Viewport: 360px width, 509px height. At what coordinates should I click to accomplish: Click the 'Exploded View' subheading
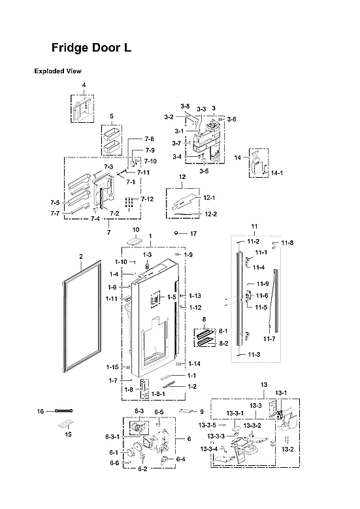tap(57, 71)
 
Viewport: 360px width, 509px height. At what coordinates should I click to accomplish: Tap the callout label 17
tap(193, 233)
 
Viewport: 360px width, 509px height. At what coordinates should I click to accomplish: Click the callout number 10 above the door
tap(136, 230)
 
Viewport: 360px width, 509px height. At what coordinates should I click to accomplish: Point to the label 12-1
tap(210, 197)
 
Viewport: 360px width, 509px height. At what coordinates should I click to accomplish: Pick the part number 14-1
tap(277, 173)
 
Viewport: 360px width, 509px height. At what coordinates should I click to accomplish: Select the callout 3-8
tap(185, 107)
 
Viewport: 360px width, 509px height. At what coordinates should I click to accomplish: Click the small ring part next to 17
tap(177, 233)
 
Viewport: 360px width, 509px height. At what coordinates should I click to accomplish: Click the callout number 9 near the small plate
tap(202, 412)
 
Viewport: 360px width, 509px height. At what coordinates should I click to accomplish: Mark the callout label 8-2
tap(223, 343)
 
